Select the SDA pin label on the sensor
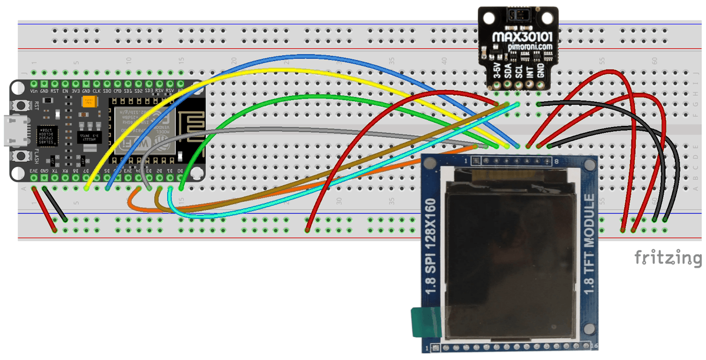[508, 71]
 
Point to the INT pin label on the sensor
[529, 71]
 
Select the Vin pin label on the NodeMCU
[35, 92]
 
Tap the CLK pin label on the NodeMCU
[96, 92]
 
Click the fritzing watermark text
[667, 257]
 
